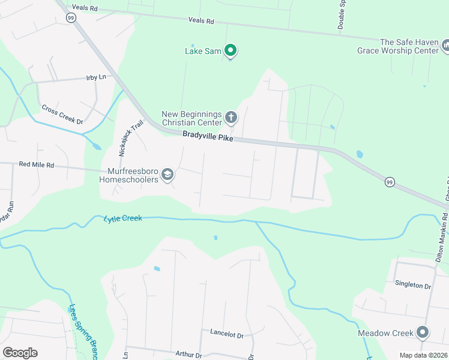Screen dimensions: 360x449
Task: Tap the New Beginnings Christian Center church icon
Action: [x=232, y=116]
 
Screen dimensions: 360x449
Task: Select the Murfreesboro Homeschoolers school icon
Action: [x=167, y=175]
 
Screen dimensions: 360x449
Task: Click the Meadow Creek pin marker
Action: [x=423, y=332]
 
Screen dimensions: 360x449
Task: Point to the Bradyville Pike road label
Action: [x=207, y=137]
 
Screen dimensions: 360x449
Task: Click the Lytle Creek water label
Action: [x=122, y=219]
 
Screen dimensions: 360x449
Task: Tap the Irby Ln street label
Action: [x=95, y=78]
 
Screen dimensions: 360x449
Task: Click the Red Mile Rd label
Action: [x=36, y=164]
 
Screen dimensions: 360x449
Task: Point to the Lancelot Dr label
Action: [x=226, y=332]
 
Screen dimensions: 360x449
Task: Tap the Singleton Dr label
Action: [x=412, y=286]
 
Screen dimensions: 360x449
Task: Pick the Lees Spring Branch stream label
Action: [x=83, y=332]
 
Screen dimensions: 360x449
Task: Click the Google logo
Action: [x=20, y=353]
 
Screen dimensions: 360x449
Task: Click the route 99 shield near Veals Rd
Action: [x=71, y=19]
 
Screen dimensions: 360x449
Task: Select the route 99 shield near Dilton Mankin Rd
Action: [x=389, y=182]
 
